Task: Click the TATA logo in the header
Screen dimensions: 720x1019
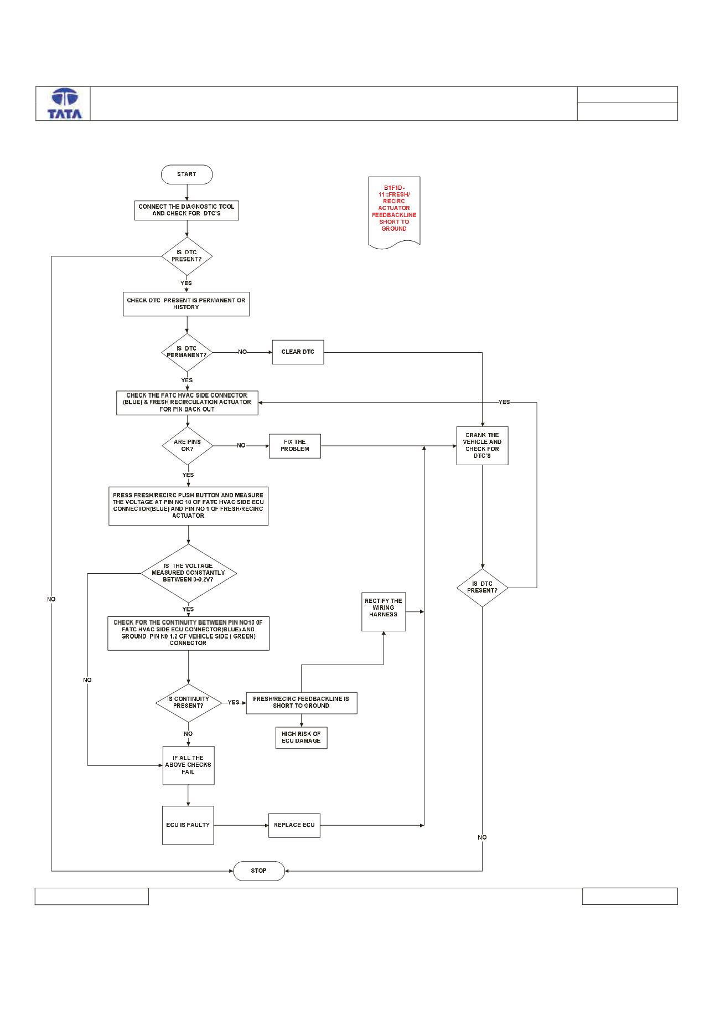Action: tap(65, 104)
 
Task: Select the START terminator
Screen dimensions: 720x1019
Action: tap(187, 174)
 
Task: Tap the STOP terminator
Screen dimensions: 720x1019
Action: tap(258, 871)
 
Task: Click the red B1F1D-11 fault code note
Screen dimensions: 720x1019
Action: tap(394, 213)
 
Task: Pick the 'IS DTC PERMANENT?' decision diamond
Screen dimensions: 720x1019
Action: tap(187, 352)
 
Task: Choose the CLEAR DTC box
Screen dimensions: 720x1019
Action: tap(298, 352)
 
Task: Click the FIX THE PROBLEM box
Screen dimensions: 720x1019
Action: tap(295, 445)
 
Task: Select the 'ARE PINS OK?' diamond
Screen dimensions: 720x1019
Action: tap(188, 445)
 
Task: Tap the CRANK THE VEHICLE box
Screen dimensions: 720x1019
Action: tap(482, 445)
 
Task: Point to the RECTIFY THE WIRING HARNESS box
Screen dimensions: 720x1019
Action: tap(384, 611)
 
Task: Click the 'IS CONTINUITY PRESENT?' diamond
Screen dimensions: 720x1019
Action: tap(188, 702)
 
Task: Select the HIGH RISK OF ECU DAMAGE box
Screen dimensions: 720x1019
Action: tap(301, 738)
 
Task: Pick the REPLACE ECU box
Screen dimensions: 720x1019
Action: tap(294, 825)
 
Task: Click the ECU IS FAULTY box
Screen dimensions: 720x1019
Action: tap(188, 825)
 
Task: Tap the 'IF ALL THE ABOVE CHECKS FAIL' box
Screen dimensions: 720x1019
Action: tap(188, 765)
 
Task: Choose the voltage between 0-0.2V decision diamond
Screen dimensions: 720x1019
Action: tap(188, 573)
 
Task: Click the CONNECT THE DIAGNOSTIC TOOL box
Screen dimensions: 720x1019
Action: tap(187, 210)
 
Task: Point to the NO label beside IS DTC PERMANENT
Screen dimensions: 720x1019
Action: tap(242, 352)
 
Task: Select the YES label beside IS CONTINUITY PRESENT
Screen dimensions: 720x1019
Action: tap(234, 702)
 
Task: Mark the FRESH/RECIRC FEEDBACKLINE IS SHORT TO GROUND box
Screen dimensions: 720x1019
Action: tap(301, 702)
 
